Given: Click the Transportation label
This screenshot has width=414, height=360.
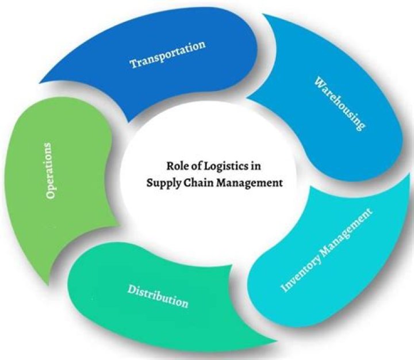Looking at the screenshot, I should [167, 54].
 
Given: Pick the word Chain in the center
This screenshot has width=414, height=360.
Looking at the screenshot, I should [199, 184].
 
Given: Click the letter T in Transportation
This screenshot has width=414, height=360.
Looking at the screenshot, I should [133, 63].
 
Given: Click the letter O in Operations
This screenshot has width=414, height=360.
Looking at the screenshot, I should [51, 193].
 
